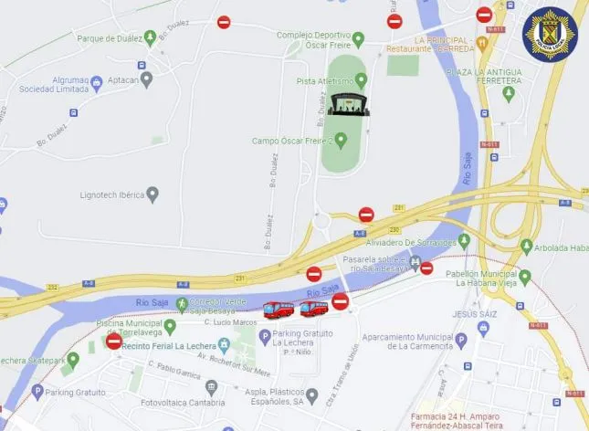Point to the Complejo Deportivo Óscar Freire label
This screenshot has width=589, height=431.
pos(314,40)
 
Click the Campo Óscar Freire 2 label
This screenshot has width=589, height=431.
pos(291,141)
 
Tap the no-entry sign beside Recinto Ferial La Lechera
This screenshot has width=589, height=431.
pos(114,341)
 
